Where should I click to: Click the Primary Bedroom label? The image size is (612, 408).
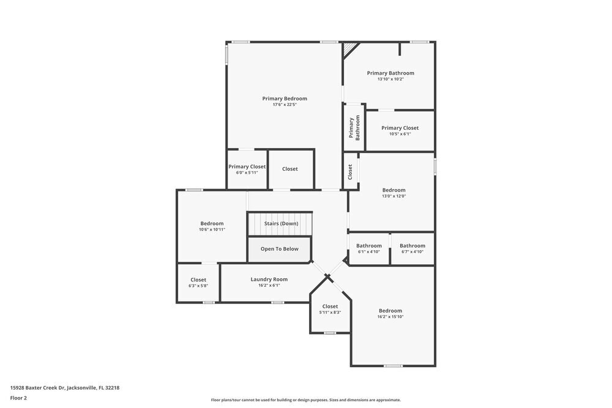click(285, 98)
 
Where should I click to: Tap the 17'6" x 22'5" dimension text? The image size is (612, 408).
click(285, 105)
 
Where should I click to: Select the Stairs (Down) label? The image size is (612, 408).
click(281, 224)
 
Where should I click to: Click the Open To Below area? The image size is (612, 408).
click(280, 249)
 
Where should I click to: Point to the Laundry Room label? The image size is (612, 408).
click(269, 280)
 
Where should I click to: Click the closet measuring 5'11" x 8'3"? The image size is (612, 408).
click(330, 309)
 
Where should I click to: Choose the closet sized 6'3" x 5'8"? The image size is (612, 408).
click(198, 283)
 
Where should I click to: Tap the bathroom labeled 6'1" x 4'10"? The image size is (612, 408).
click(369, 248)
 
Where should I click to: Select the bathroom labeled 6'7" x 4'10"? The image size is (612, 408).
click(412, 248)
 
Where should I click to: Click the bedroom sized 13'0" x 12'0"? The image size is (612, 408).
click(394, 193)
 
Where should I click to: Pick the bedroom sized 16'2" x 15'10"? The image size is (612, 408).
click(390, 313)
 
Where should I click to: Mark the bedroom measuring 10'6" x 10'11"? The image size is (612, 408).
click(212, 226)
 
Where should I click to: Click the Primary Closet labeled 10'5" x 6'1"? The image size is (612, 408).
click(400, 130)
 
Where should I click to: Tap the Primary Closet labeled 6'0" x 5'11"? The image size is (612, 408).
click(247, 169)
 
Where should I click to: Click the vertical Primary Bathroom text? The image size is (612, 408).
click(354, 128)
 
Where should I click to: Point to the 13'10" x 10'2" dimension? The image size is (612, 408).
click(390, 79)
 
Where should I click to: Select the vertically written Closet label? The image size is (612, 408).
click(350, 172)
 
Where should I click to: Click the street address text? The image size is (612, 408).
click(64, 387)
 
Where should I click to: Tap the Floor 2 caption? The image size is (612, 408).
click(18, 398)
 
